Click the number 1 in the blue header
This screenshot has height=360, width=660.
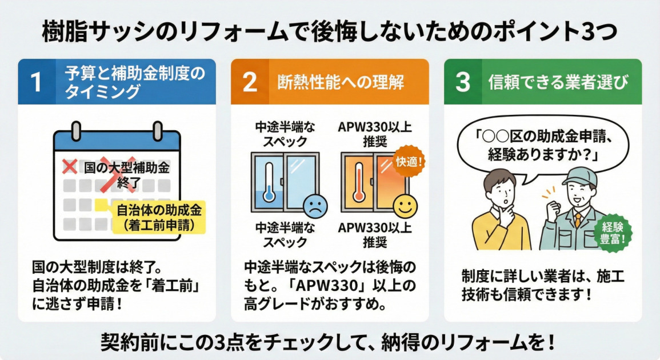[x=37, y=82]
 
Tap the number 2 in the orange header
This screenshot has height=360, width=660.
[x=250, y=82]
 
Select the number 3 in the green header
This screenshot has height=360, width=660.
[x=463, y=82]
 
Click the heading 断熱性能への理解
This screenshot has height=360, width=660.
[x=339, y=82]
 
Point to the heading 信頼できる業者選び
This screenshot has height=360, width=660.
[x=558, y=82]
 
